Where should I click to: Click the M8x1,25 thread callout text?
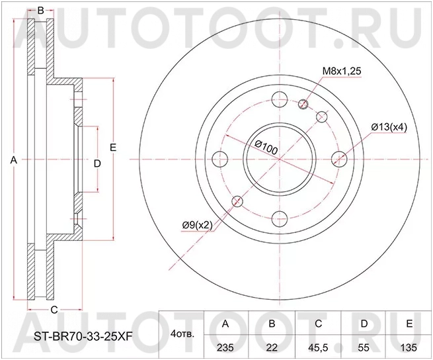[x=341, y=71]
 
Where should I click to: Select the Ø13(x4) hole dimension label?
[x=387, y=127]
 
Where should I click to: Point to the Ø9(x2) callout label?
[x=197, y=225]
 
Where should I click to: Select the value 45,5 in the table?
[x=318, y=346]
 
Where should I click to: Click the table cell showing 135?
[x=410, y=346]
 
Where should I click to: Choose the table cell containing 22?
[x=271, y=346]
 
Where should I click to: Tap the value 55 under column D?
[x=364, y=346]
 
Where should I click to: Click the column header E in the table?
[x=410, y=324]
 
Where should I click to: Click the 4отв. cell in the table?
[x=182, y=335]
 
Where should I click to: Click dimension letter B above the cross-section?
[x=40, y=10]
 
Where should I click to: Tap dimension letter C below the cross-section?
[x=55, y=310]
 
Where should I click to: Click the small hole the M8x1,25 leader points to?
[x=305, y=104]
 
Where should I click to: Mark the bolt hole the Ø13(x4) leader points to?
[x=339, y=159]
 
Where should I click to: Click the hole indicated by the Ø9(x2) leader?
[x=238, y=201]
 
